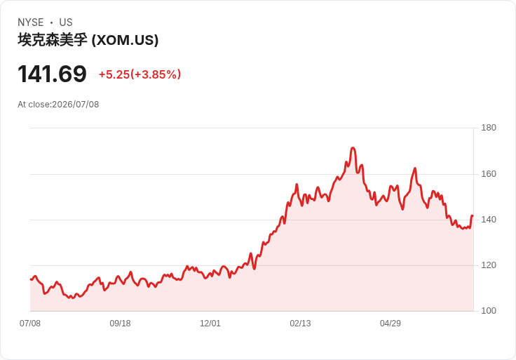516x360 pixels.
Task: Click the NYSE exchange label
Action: coord(31,22)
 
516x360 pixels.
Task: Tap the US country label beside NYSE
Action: coord(66,22)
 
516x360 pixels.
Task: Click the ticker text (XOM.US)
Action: coord(125,40)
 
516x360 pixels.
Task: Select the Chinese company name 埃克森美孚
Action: coord(53,40)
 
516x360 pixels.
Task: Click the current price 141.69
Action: coord(52,74)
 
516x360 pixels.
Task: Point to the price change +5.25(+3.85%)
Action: coord(140,74)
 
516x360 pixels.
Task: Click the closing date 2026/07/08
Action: coord(75,105)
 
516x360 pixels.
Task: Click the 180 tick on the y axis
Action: coord(489,128)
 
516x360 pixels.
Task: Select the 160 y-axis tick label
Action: coord(489,173)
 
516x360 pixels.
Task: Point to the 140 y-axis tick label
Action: coord(489,220)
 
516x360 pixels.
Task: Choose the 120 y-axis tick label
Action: coord(489,265)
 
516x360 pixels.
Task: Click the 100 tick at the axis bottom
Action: coord(489,310)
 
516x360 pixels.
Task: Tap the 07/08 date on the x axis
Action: coord(30,323)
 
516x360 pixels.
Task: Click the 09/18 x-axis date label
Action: coord(120,323)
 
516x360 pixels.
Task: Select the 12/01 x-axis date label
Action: coord(210,323)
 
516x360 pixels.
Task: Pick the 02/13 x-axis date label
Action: coord(300,323)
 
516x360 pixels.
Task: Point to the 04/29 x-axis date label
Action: coord(391,323)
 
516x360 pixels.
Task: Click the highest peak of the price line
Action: coord(353,148)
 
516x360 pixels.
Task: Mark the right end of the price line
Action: coord(473,216)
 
